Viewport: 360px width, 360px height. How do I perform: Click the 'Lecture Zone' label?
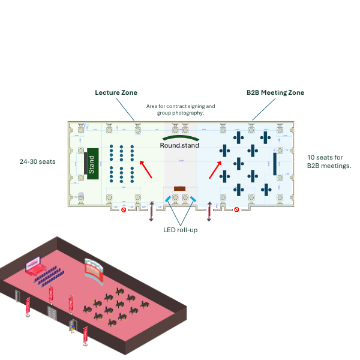116,92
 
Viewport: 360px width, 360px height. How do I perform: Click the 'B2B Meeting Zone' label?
275,92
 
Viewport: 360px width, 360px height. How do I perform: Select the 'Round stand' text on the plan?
179,145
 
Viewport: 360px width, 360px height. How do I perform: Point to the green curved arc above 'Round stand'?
179,139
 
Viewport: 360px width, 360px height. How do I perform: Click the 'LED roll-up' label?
180,230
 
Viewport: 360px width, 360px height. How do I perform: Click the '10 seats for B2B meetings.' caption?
329,161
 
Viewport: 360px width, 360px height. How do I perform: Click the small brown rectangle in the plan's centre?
179,189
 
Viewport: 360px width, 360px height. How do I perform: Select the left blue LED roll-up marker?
167,198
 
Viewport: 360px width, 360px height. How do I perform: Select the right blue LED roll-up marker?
193,198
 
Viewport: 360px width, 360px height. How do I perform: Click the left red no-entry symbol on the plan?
124,210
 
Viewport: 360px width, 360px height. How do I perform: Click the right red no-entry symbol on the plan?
236,210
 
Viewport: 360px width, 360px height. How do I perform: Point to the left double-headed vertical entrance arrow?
151,212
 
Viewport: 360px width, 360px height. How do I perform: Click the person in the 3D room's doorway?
73,328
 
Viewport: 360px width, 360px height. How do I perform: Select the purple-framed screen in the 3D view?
32,263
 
